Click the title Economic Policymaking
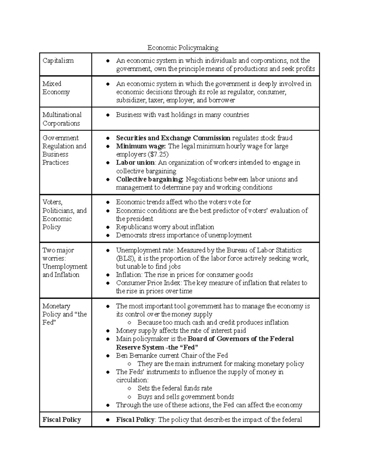pyautogui.click(x=183, y=48)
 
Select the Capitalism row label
pyautogui.click(x=58, y=61)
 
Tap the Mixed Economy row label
pyautogui.click(x=56, y=88)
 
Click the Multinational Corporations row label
pyautogui.click(x=62, y=119)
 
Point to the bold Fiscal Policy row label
pyautogui.click(x=62, y=420)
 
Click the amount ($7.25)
pyautogui.click(x=158, y=154)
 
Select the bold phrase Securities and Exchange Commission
pyautogui.click(x=173, y=138)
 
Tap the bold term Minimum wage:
pyautogui.click(x=141, y=146)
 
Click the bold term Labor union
pyautogui.click(x=135, y=163)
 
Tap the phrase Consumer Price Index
pyautogui.click(x=148, y=283)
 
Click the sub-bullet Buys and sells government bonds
pyautogui.click(x=185, y=397)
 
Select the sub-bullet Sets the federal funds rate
pyautogui.click(x=174, y=388)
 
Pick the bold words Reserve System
pyautogui.click(x=140, y=348)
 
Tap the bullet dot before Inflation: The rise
pyautogui.click(x=108, y=275)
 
